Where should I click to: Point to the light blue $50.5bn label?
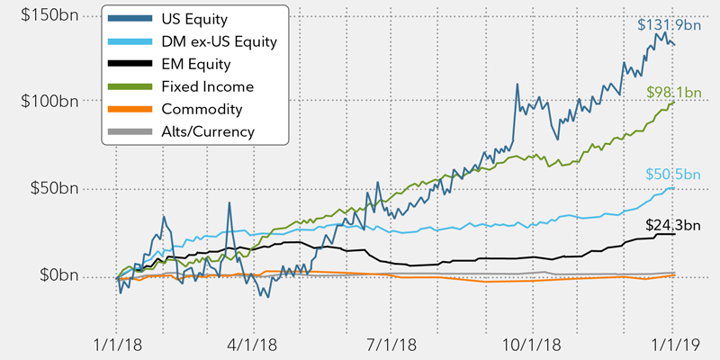[672, 175]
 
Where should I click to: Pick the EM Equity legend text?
[197, 65]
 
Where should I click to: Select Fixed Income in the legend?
[208, 87]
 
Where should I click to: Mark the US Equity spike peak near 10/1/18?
[517, 85]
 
